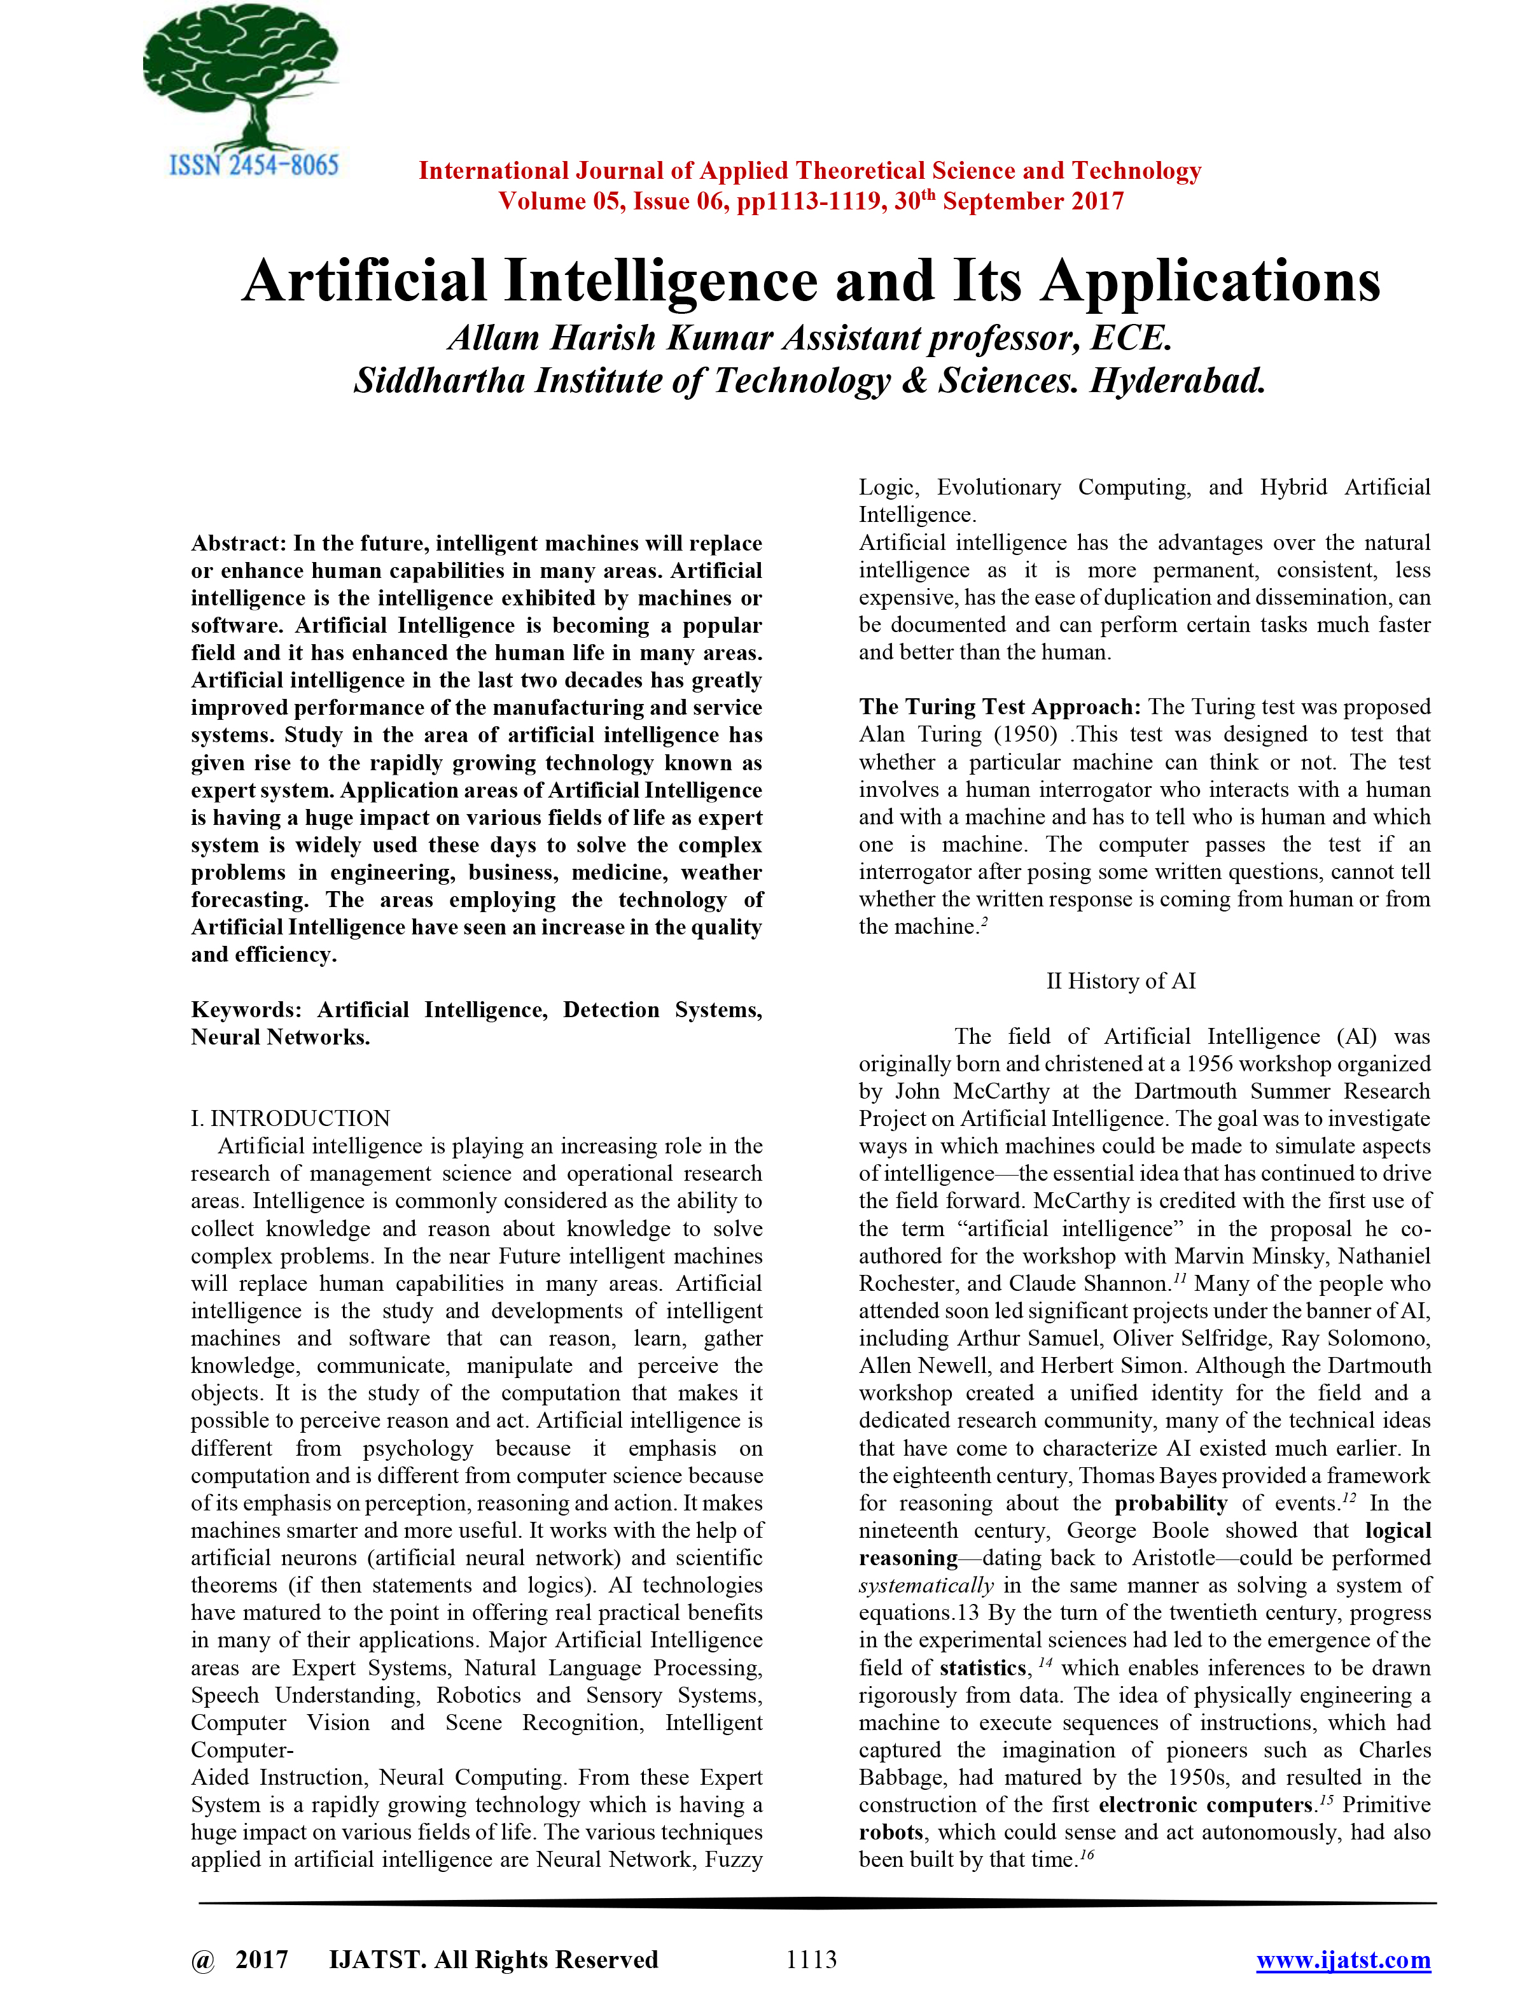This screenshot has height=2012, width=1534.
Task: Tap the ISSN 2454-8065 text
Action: point(254,166)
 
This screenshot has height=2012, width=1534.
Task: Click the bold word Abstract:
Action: point(239,544)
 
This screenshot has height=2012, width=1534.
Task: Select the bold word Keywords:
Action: point(246,1010)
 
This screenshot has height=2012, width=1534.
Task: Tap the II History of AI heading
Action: point(1120,981)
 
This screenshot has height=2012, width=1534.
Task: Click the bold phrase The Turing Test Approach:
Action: point(1000,707)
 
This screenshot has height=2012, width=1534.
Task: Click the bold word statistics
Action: point(982,1668)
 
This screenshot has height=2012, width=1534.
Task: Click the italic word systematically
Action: point(926,1586)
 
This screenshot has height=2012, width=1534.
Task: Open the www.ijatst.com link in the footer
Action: point(1343,1960)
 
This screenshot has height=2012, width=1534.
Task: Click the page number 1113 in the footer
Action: point(811,1960)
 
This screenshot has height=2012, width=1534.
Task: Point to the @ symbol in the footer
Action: point(203,1960)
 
